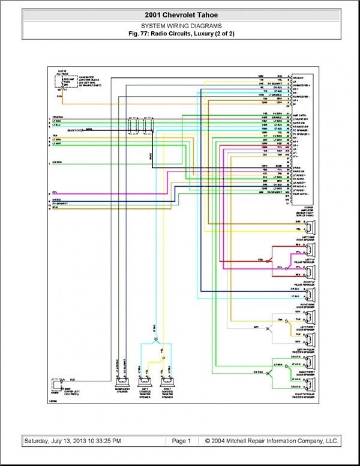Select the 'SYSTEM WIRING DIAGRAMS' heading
(181, 26)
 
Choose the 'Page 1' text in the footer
(181, 441)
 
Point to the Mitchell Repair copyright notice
(271, 441)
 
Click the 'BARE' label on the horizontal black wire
(89, 129)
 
